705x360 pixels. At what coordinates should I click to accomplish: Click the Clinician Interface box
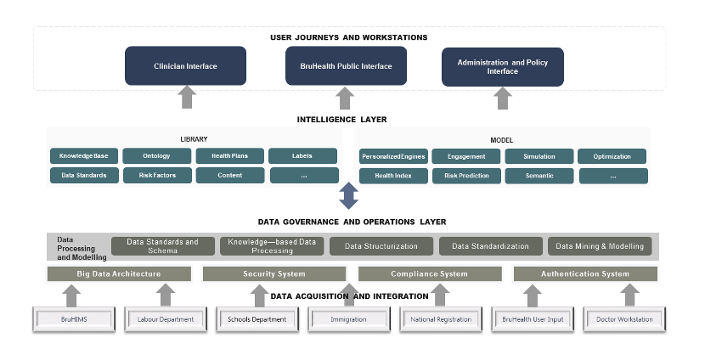pyautogui.click(x=185, y=65)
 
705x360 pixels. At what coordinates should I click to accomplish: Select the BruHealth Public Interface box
pyautogui.click(x=345, y=65)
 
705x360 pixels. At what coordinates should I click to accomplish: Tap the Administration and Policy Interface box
pyautogui.click(x=503, y=66)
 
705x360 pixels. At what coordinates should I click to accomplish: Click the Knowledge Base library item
pyautogui.click(x=83, y=156)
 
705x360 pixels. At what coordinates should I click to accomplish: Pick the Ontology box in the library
pyautogui.click(x=156, y=156)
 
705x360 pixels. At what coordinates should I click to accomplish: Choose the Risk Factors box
pyautogui.click(x=156, y=176)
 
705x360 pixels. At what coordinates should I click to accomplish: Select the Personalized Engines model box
pyautogui.click(x=392, y=156)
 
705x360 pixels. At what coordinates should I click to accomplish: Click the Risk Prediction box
pyautogui.click(x=465, y=176)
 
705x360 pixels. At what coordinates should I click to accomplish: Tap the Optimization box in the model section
pyautogui.click(x=612, y=156)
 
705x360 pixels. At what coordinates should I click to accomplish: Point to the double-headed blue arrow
pyautogui.click(x=348, y=195)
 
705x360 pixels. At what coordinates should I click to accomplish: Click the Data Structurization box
pyautogui.click(x=381, y=246)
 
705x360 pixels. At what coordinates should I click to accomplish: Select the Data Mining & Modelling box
pyautogui.click(x=600, y=246)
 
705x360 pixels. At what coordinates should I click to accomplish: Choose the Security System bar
pyautogui.click(x=274, y=273)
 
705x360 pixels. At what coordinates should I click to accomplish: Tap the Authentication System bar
pyautogui.click(x=585, y=273)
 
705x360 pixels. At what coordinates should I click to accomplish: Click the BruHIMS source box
pyautogui.click(x=74, y=319)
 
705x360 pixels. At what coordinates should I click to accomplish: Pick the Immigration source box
pyautogui.click(x=348, y=319)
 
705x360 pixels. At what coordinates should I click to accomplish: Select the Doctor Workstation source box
pyautogui.click(x=624, y=319)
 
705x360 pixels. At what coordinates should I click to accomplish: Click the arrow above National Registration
pyautogui.click(x=440, y=295)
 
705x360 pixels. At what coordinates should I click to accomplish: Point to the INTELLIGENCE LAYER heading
pyautogui.click(x=341, y=120)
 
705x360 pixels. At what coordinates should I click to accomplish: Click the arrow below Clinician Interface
pyautogui.click(x=187, y=98)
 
